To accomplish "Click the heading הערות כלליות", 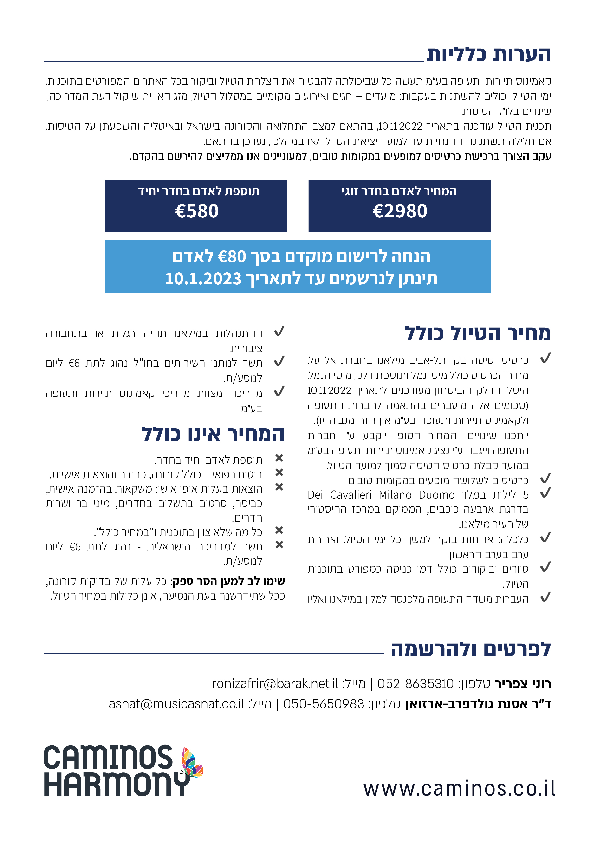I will (x=488, y=54).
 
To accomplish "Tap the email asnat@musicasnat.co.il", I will (x=176, y=704).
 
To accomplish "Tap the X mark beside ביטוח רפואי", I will (x=279, y=472).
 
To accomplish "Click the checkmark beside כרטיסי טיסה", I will (x=545, y=358).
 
